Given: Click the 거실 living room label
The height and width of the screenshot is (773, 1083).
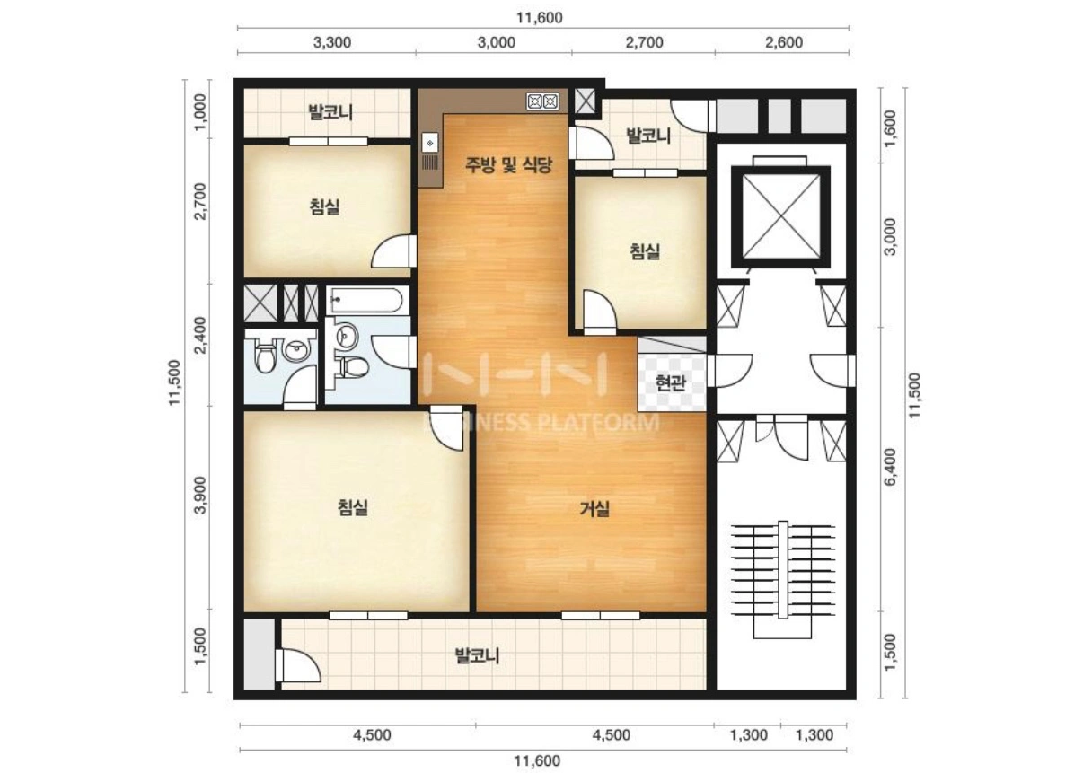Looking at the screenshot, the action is [x=594, y=508].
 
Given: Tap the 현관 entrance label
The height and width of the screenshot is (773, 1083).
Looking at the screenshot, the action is [x=671, y=382].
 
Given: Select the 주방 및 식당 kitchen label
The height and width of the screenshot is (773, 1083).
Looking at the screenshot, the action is [x=508, y=165].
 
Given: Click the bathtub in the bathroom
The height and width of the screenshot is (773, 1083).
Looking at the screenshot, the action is [x=366, y=301].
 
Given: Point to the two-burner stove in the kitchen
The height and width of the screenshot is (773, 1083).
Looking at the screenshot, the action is [x=542, y=101].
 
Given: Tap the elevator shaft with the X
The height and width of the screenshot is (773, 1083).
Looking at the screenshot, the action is [x=781, y=216].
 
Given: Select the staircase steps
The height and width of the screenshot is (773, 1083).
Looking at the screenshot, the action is [x=783, y=570].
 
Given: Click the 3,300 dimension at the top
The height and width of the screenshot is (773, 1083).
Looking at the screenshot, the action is [x=331, y=42].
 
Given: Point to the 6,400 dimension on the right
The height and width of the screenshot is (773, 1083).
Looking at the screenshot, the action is [x=890, y=467].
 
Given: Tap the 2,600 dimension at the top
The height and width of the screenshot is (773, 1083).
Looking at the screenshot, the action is [x=784, y=42].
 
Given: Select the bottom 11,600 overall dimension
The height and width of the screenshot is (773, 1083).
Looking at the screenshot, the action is [x=537, y=761].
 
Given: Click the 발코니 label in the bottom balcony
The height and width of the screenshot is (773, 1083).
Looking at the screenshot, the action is [x=477, y=656].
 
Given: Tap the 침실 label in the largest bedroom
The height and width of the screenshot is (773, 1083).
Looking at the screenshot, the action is [x=352, y=507].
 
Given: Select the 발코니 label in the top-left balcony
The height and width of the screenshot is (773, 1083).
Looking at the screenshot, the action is [x=330, y=112].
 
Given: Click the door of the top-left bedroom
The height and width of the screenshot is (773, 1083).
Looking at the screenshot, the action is [x=393, y=250].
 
